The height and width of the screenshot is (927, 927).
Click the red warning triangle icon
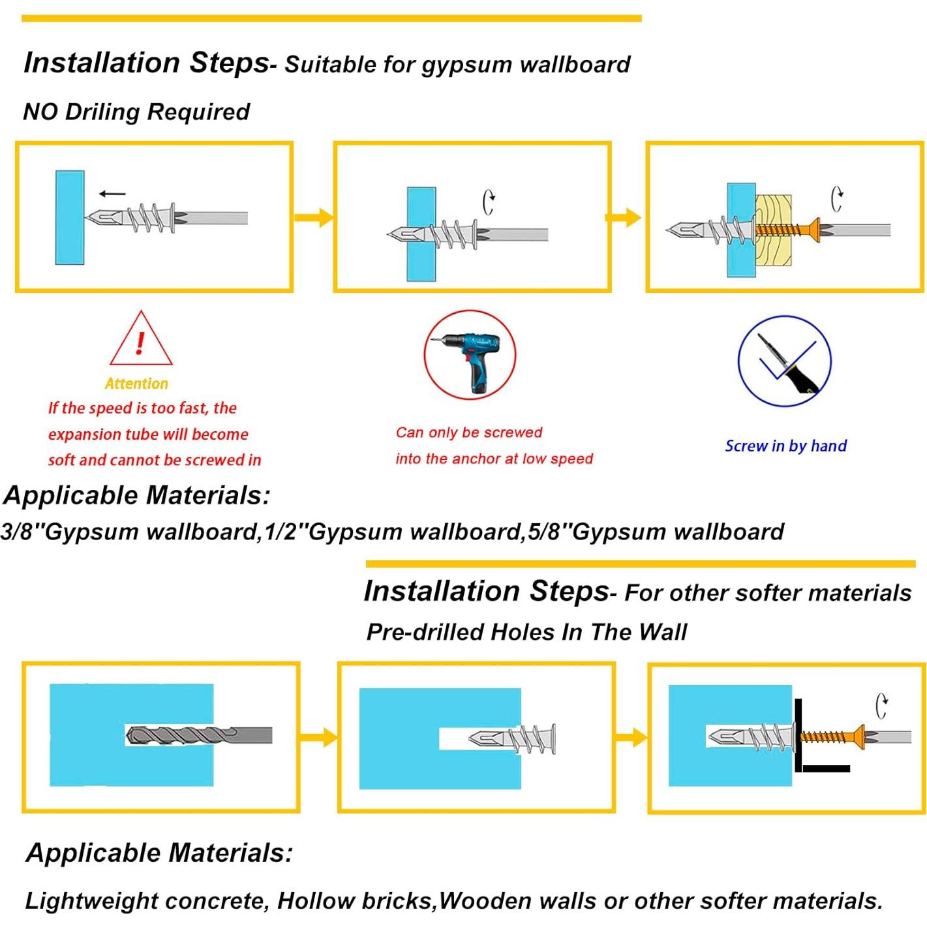141,341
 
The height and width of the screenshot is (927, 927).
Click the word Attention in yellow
136,384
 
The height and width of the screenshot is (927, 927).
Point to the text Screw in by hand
785,446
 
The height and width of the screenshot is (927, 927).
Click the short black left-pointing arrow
112,193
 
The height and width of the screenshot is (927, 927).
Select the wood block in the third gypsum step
774,230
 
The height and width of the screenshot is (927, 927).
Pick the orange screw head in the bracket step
857,737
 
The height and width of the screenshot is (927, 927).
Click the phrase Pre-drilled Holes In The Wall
526,631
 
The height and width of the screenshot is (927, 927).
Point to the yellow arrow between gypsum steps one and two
313,217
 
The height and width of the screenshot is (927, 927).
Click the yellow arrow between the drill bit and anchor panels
318,738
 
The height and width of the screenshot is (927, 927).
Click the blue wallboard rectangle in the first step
70,217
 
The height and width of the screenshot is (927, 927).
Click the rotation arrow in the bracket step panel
881,706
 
